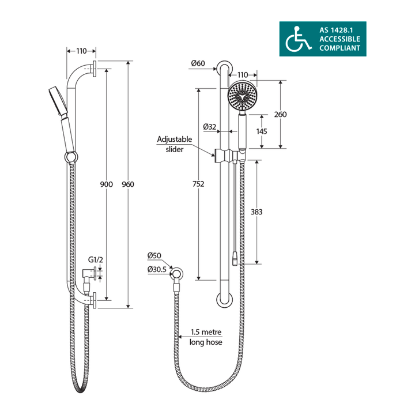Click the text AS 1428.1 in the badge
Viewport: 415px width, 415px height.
(339, 29)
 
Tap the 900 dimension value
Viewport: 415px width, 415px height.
(106, 184)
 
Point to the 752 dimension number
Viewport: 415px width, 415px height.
(199, 184)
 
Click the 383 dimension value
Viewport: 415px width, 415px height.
(257, 212)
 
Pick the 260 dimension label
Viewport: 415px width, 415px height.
(280, 114)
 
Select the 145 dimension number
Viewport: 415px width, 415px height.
(262, 131)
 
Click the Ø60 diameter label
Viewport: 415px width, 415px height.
(197, 63)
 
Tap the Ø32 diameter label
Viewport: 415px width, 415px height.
(209, 127)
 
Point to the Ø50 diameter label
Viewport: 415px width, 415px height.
(154, 255)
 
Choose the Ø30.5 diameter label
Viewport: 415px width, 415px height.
(157, 269)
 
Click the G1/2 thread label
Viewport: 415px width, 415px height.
(96, 260)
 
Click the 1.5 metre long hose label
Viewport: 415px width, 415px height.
(206, 337)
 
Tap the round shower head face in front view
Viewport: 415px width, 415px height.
(242, 97)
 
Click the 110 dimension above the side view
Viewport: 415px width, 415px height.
(82, 50)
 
